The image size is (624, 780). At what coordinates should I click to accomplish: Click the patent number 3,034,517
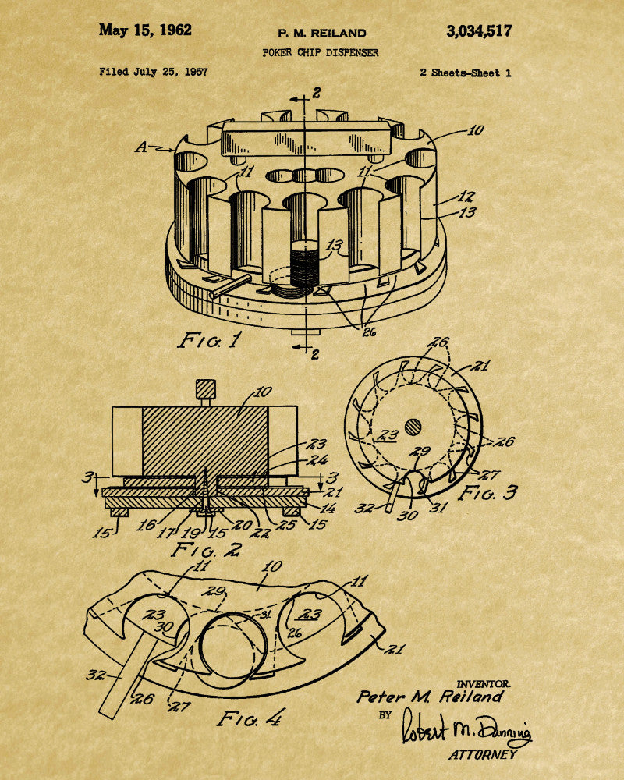479,31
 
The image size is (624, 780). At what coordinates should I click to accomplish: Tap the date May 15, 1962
145,30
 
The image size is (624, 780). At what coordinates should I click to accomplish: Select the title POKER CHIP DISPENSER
321,52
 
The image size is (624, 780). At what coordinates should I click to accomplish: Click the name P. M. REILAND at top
322,34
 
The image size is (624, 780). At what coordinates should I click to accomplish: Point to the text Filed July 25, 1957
153,72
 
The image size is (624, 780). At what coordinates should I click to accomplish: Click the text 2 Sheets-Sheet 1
465,73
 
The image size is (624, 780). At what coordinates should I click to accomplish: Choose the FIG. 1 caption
210,340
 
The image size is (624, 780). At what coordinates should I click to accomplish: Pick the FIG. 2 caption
207,550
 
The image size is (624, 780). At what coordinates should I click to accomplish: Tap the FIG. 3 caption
487,493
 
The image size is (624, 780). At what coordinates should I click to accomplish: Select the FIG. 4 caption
251,718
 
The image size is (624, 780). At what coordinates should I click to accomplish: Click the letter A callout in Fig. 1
142,147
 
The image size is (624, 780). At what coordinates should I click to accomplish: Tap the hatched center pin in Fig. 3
413,427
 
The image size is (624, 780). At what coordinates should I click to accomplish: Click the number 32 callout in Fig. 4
95,675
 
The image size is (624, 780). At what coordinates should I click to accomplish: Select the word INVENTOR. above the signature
483,685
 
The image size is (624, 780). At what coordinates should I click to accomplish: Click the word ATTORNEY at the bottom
483,754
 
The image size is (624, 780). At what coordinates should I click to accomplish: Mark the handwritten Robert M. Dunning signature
465,728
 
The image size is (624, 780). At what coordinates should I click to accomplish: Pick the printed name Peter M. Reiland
430,697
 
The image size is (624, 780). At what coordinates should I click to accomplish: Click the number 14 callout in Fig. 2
327,509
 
